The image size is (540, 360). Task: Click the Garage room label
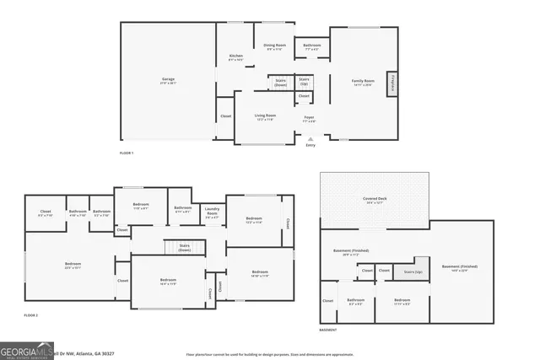click(169, 81)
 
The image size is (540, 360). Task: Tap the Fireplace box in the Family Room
click(392, 85)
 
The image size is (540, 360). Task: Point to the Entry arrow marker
click(310, 139)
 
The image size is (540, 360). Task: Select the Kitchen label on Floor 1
click(236, 58)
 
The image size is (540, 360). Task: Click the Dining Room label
click(275, 47)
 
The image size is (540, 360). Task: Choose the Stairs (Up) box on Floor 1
click(304, 82)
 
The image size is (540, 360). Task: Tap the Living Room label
click(266, 117)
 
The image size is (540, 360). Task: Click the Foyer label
click(310, 119)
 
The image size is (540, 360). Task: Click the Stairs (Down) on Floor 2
click(184, 248)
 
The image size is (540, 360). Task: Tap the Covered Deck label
click(374, 201)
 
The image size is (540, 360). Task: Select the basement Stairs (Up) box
click(413, 271)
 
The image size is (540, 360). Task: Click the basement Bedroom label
click(402, 301)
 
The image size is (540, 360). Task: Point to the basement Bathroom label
click(355, 301)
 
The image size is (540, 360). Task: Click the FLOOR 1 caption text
click(127, 153)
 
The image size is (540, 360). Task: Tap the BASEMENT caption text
click(330, 330)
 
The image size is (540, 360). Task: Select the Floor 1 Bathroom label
click(312, 46)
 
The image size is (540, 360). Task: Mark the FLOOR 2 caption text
click(31, 315)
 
